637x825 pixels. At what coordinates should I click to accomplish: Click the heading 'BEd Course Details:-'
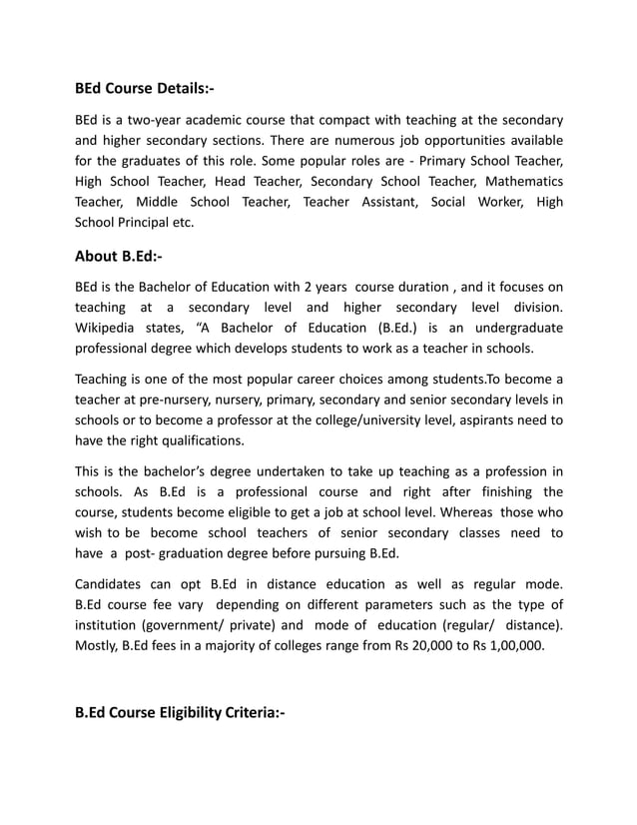(x=145, y=89)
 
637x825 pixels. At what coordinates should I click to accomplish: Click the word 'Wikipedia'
(x=112, y=328)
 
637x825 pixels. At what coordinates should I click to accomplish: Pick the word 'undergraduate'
(x=513, y=328)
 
